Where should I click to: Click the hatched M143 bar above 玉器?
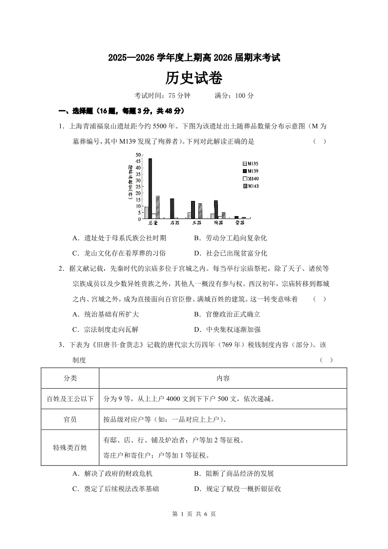pyautogui.click(x=200, y=211)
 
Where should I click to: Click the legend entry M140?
pyautogui.click(x=250, y=178)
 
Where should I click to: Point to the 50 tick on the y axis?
pyautogui.click(x=138, y=155)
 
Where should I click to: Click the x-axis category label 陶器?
pyautogui.click(x=217, y=223)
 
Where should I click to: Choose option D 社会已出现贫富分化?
pyautogui.click(x=230, y=253)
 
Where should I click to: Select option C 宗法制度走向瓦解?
pyautogui.click(x=105, y=329)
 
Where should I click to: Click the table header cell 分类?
pyautogui.click(x=70, y=378)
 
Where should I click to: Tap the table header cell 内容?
pyautogui.click(x=223, y=378)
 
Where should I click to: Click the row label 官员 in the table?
pyautogui.click(x=70, y=419)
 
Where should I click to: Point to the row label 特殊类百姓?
pyautogui.click(x=70, y=447)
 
